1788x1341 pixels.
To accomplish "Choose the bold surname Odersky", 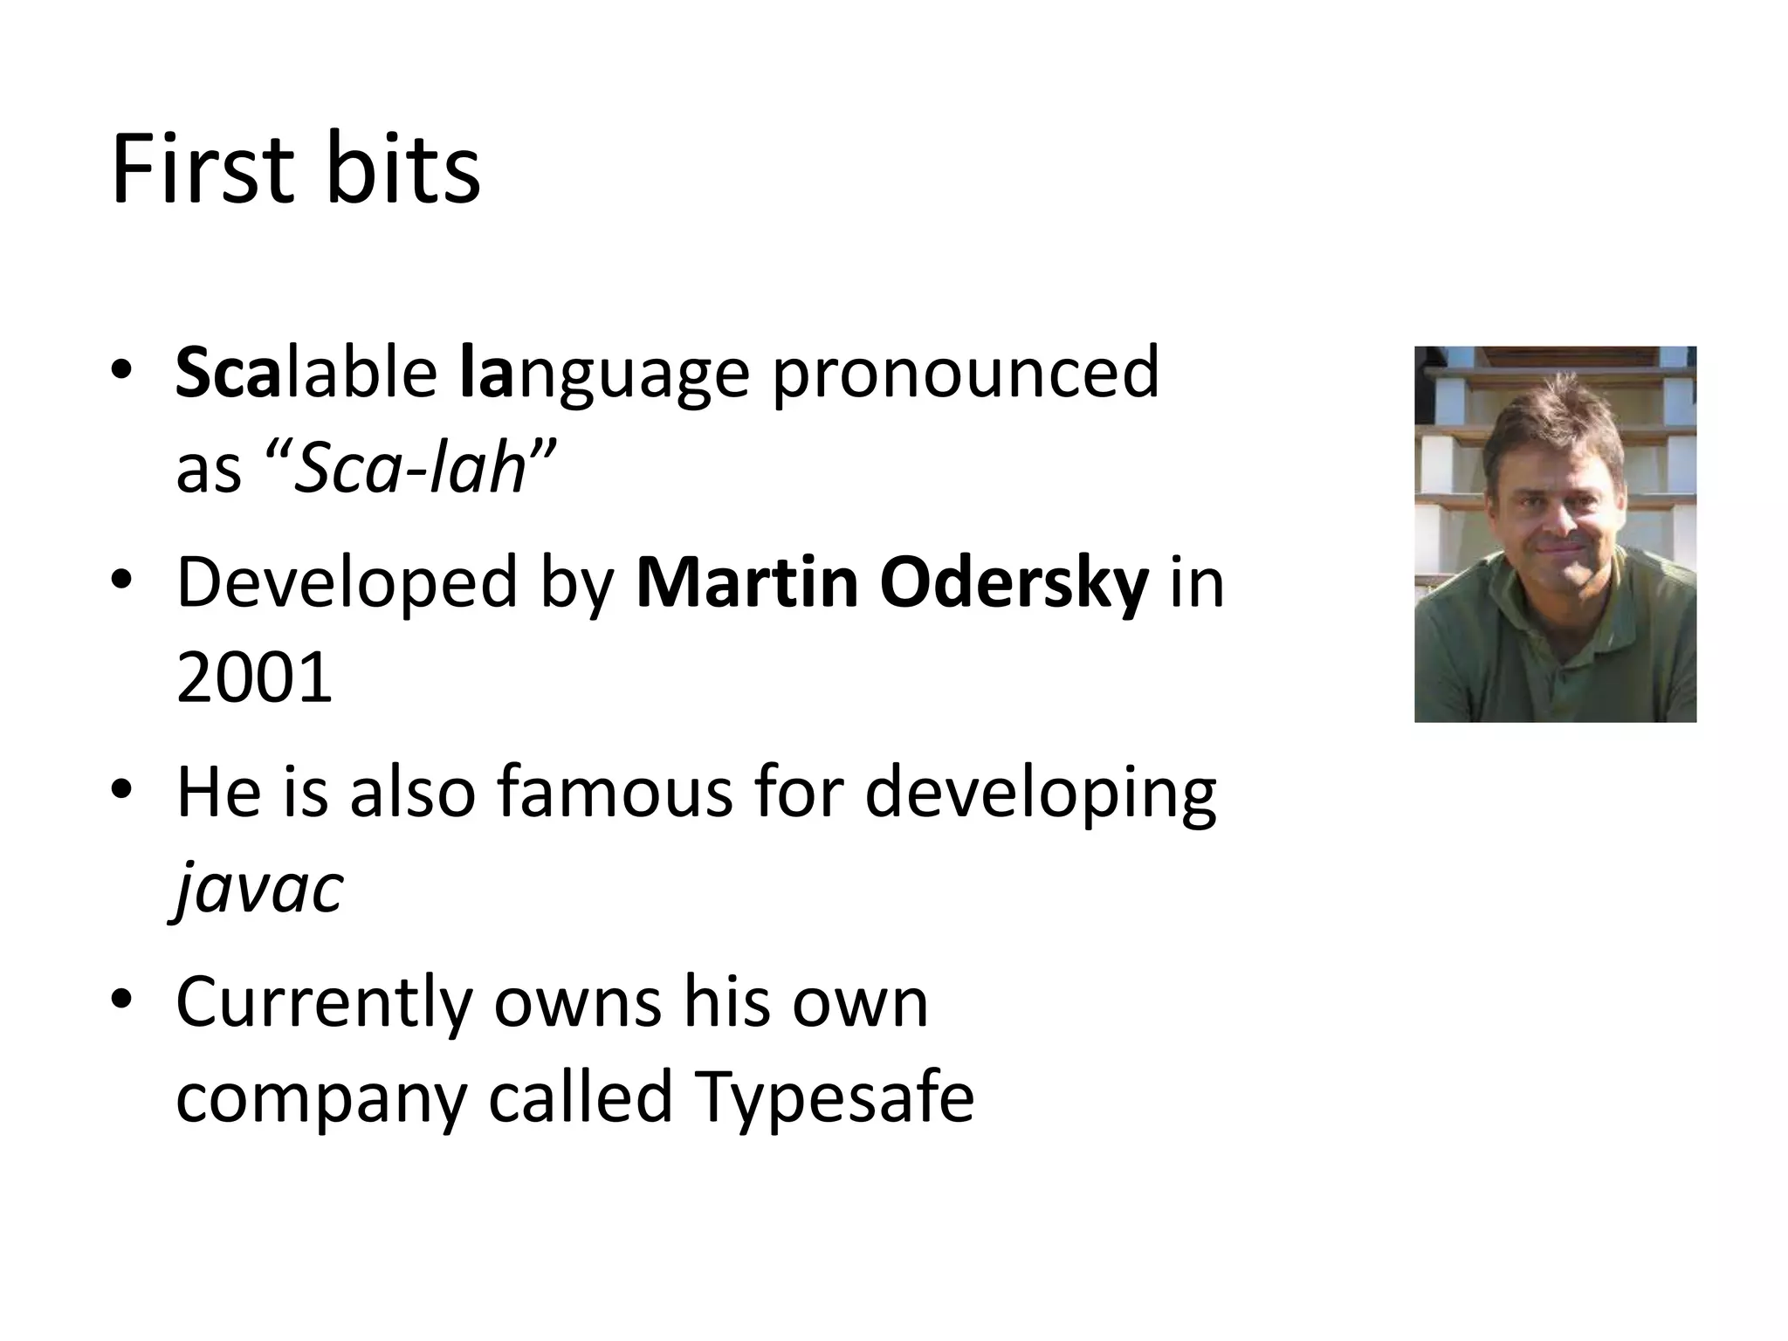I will (x=1014, y=583).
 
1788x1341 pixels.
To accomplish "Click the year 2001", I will (x=254, y=678).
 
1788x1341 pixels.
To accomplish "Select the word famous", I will (x=615, y=792).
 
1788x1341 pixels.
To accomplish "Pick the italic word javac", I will (x=259, y=890).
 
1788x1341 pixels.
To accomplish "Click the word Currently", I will (x=324, y=1003).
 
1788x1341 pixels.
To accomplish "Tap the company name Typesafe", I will (x=834, y=1097).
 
